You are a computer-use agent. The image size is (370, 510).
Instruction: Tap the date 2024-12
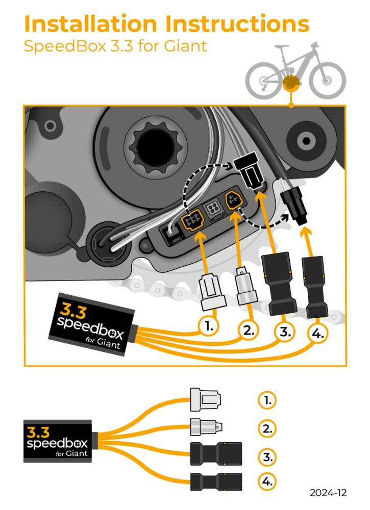tap(328, 493)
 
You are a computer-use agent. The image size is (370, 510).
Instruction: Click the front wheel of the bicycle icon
tap(328, 81)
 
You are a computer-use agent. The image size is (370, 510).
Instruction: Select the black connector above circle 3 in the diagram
tap(279, 283)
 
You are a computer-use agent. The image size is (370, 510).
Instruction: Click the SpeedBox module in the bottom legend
tap(57, 441)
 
